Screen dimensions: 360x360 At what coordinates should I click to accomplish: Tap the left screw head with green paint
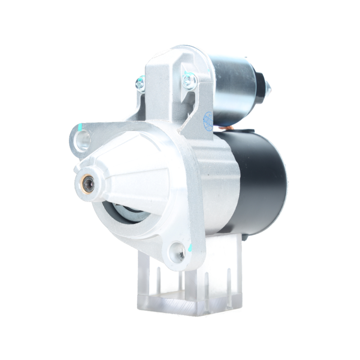tap(140, 84)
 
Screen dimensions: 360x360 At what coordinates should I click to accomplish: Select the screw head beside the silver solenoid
tap(189, 80)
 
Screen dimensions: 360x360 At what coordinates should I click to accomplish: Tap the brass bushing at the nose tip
tap(88, 185)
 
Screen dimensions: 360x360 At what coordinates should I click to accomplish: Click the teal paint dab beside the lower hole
tap(190, 248)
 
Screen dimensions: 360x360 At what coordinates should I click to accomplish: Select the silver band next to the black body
tap(220, 180)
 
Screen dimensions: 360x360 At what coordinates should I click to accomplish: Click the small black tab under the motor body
tap(244, 238)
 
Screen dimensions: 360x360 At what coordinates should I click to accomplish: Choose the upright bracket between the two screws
tap(164, 86)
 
